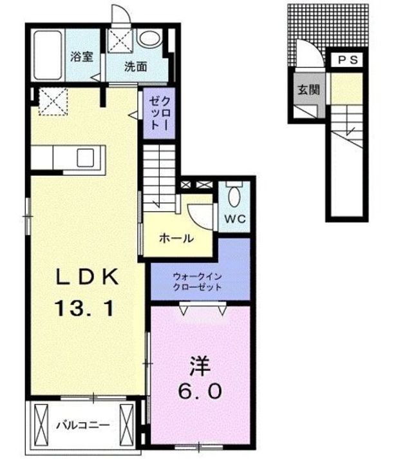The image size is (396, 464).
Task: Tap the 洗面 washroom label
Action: [x=135, y=66]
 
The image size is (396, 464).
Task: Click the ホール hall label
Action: [x=176, y=238]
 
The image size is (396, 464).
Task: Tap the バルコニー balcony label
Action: [x=81, y=426]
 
